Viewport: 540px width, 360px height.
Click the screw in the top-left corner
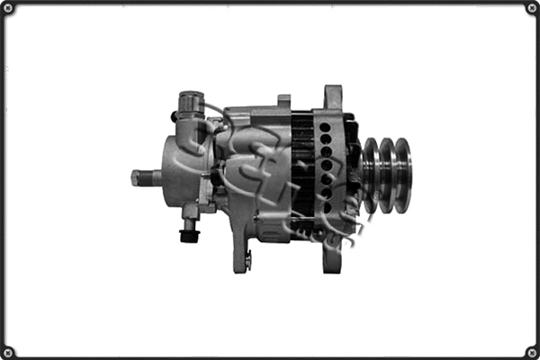(8, 8)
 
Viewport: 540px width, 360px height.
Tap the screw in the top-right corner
(531, 8)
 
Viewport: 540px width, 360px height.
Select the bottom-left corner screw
(8, 351)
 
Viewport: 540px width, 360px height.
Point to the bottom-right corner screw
(531, 351)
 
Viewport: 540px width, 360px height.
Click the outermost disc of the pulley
(403, 175)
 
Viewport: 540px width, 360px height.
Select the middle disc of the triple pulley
(387, 175)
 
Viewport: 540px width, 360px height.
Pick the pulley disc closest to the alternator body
(370, 175)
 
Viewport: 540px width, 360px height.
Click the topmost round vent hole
(325, 128)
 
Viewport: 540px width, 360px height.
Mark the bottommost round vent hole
(325, 208)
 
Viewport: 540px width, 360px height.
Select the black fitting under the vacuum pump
(189, 236)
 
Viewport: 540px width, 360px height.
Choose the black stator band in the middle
(301, 166)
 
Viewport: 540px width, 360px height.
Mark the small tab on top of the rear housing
(283, 102)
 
